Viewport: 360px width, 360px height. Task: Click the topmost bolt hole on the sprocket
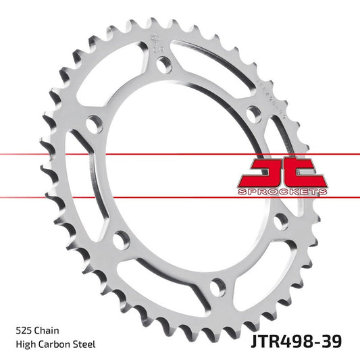pyautogui.click(x=162, y=64)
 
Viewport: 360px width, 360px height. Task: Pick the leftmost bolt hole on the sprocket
pyautogui.click(x=95, y=124)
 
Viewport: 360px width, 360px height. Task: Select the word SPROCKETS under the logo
pyautogui.click(x=283, y=192)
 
